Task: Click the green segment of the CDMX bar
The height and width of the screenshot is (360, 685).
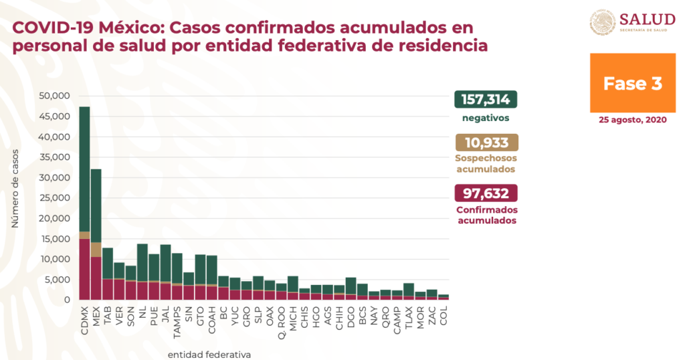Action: coord(84,167)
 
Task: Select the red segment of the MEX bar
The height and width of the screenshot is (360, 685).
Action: coord(96,278)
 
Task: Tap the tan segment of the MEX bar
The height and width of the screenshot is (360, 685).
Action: coord(96,249)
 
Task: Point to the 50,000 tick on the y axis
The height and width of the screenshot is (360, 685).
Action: coord(56,96)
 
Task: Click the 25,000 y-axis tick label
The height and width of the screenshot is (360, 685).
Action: coord(56,198)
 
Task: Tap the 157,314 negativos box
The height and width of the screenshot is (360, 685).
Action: coord(486,100)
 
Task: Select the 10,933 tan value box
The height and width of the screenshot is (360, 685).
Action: coord(486,143)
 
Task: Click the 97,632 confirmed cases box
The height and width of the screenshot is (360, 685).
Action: coord(486,193)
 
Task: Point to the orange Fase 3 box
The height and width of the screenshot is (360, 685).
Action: coord(632,83)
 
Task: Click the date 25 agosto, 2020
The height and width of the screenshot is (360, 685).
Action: coord(632,120)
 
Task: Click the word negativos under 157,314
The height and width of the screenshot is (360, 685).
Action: coord(486,118)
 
